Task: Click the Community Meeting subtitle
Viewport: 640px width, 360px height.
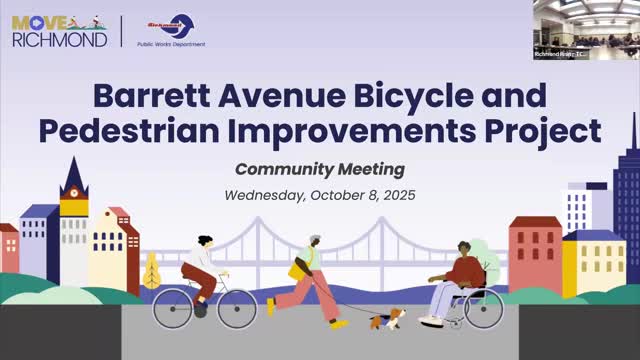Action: pyautogui.click(x=320, y=168)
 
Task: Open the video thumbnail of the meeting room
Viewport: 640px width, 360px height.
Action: pyautogui.click(x=585, y=29)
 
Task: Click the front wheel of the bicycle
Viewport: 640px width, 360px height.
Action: pyautogui.click(x=237, y=308)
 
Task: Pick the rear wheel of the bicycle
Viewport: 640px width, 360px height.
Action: pyautogui.click(x=173, y=308)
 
